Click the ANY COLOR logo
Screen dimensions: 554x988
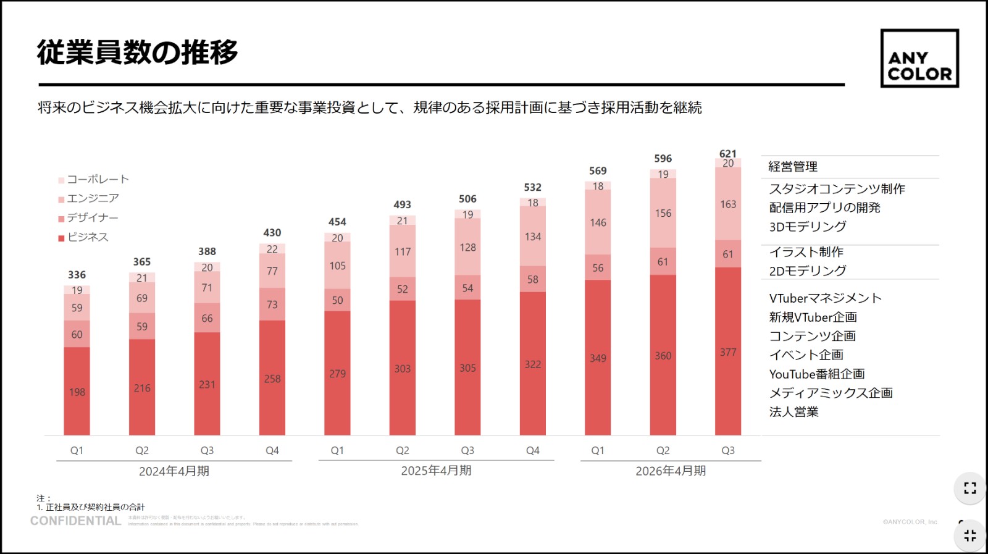tap(919, 59)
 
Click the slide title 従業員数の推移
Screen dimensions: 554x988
tap(138, 52)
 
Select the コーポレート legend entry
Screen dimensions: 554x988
tap(94, 180)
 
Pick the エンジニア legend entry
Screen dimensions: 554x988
tap(89, 199)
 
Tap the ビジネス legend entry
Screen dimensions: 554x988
tap(84, 237)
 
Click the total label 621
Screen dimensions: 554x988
tap(728, 153)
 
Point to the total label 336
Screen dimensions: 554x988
tap(77, 275)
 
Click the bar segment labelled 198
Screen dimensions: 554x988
tap(77, 392)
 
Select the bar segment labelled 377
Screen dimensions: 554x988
tap(728, 352)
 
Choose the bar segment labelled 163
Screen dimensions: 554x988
tap(728, 204)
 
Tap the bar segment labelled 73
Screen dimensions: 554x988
tap(272, 304)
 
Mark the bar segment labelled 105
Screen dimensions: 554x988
tap(337, 266)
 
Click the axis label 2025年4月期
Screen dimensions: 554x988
tap(436, 471)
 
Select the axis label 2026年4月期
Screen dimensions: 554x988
tap(671, 471)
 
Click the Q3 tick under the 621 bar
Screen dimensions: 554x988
tap(728, 451)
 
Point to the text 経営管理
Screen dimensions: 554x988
tap(793, 167)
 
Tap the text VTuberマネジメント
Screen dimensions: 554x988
tap(825, 298)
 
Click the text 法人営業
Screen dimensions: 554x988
tap(793, 412)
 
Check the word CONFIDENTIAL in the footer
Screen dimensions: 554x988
tap(76, 521)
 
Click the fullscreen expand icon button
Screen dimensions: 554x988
tap(970, 488)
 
